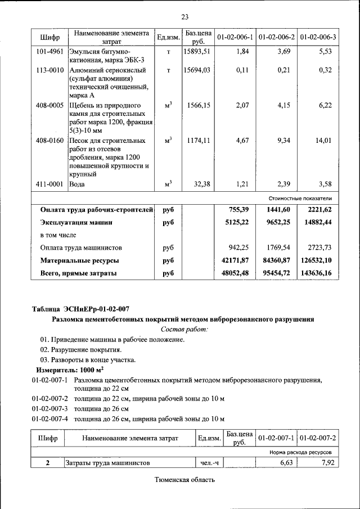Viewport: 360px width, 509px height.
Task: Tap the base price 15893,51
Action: click(x=197, y=51)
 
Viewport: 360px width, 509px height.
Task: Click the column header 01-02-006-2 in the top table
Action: click(x=276, y=38)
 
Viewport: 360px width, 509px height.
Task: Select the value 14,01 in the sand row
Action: click(x=323, y=141)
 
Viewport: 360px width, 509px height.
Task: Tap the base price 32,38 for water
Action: click(x=201, y=184)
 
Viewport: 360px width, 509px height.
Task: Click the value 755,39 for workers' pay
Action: click(x=237, y=210)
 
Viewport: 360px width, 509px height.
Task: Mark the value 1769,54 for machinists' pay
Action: click(x=278, y=247)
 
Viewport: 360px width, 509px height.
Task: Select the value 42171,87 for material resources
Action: click(x=235, y=261)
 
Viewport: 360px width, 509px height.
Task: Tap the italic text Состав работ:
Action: click(x=184, y=330)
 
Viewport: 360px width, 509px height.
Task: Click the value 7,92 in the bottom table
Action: click(x=324, y=463)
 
